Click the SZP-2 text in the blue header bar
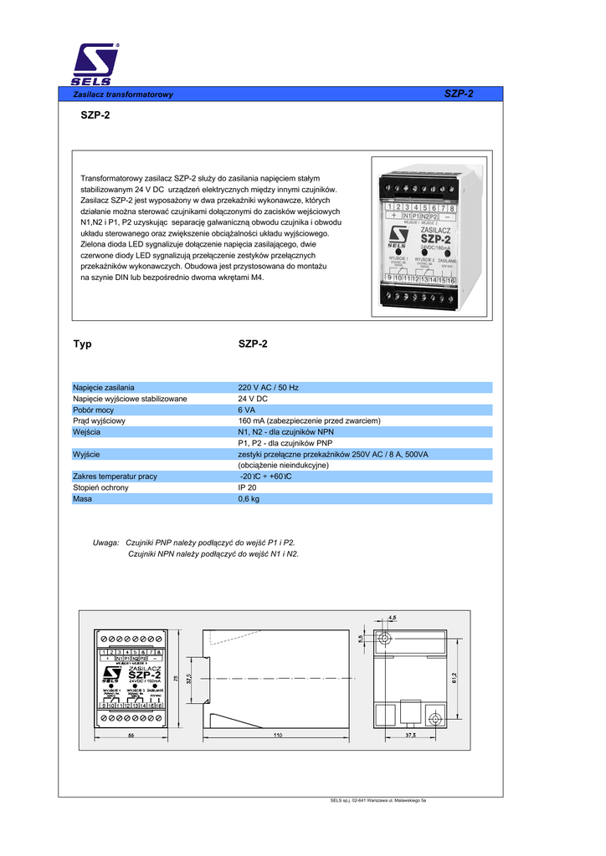coord(459,94)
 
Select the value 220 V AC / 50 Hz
coord(268,388)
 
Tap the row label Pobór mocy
coord(93,410)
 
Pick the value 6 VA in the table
coord(247,410)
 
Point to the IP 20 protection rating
coord(247,487)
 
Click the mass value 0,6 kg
coord(249,498)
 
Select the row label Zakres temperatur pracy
coord(115,476)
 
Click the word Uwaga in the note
coord(105,543)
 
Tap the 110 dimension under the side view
coord(277,736)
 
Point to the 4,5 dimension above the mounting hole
coord(393,618)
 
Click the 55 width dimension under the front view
coord(131,736)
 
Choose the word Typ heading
coord(82,344)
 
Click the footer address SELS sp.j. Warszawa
coord(379,802)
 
